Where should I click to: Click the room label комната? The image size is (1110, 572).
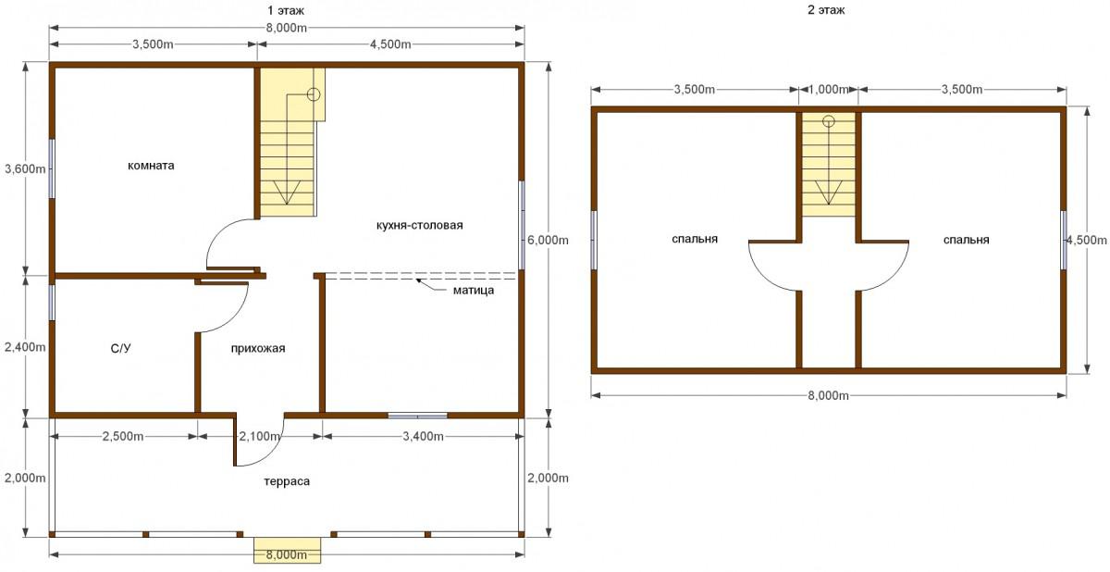pyautogui.click(x=151, y=166)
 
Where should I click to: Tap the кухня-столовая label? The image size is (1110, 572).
pyautogui.click(x=419, y=225)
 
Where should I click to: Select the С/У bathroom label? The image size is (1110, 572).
pyautogui.click(x=120, y=348)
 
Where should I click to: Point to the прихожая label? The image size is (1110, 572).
pyautogui.click(x=258, y=348)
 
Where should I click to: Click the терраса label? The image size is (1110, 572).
pyautogui.click(x=287, y=481)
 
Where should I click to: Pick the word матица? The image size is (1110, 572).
pyautogui.click(x=474, y=290)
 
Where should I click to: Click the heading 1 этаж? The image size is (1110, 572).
pyautogui.click(x=286, y=10)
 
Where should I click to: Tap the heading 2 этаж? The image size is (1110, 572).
pyautogui.click(x=826, y=10)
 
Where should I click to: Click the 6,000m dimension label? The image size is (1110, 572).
pyautogui.click(x=548, y=241)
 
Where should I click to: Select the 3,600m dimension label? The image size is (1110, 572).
pyautogui.click(x=25, y=169)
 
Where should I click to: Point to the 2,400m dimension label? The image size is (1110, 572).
pyautogui.click(x=25, y=347)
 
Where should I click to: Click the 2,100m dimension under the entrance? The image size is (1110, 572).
pyautogui.click(x=260, y=436)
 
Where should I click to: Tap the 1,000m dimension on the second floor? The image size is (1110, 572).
pyautogui.click(x=829, y=89)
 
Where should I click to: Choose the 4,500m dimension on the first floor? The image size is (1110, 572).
pyautogui.click(x=390, y=44)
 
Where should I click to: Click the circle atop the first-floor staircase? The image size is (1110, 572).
pyautogui.click(x=314, y=94)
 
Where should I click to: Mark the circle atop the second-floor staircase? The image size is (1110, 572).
pyautogui.click(x=829, y=121)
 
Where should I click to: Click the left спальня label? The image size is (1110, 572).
pyautogui.click(x=695, y=239)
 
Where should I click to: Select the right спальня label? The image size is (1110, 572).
pyautogui.click(x=966, y=240)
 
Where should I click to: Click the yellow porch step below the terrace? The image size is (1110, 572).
pyautogui.click(x=288, y=550)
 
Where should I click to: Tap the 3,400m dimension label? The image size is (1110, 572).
pyautogui.click(x=423, y=436)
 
